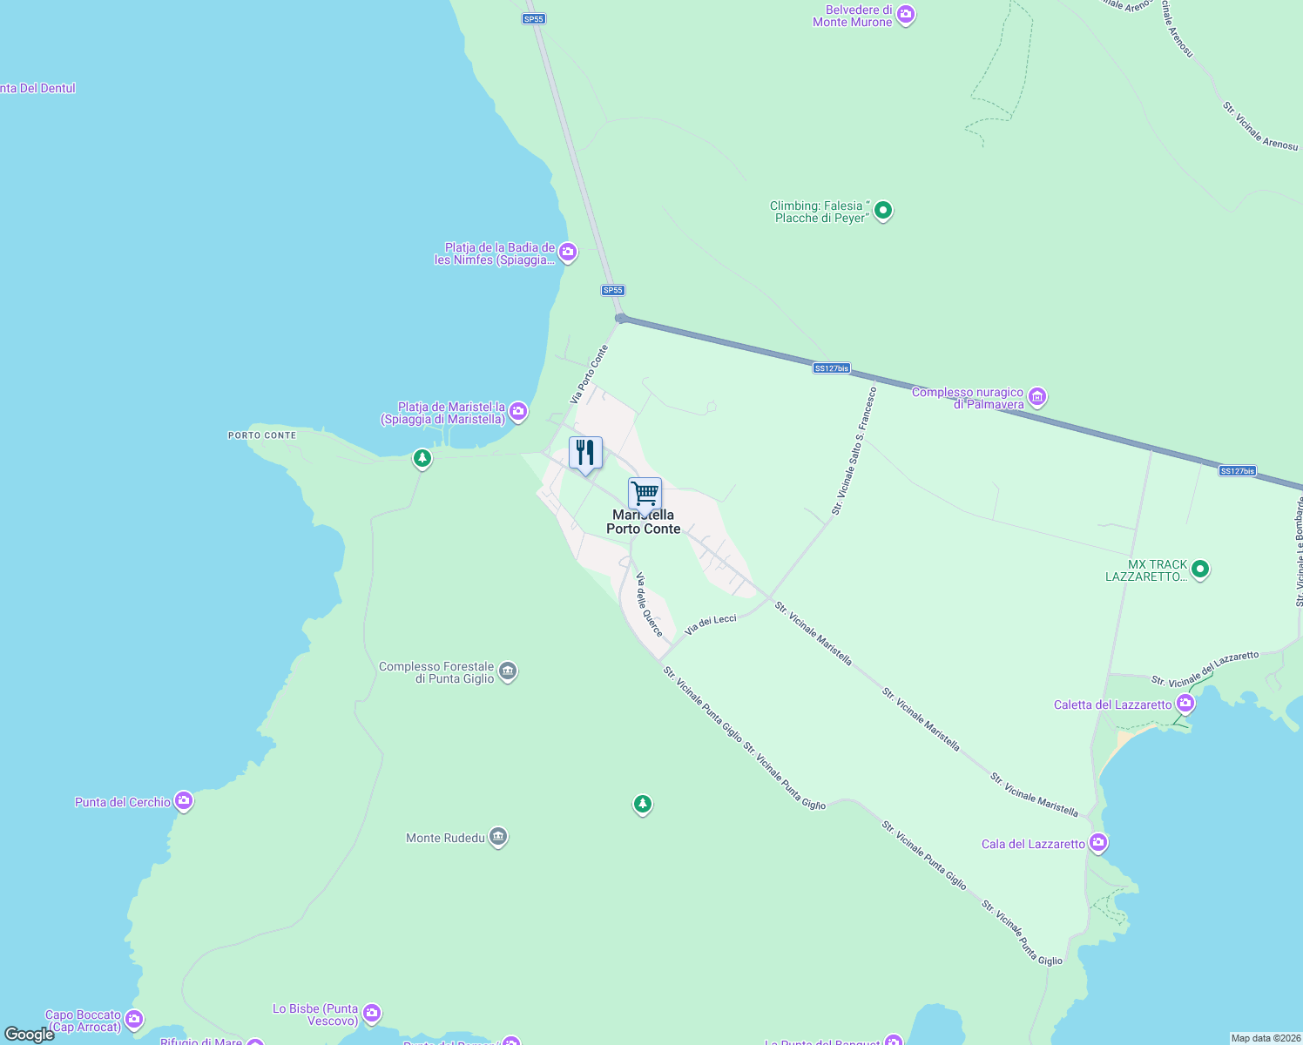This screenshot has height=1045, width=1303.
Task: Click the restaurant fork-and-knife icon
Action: click(585, 453)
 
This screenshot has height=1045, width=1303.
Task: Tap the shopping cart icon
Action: click(645, 494)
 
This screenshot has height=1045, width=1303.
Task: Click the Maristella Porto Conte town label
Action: click(644, 522)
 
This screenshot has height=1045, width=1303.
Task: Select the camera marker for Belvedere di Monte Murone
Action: click(906, 15)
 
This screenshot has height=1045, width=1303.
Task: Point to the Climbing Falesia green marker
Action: click(883, 211)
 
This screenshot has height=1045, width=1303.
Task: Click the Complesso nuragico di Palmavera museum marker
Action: click(1036, 397)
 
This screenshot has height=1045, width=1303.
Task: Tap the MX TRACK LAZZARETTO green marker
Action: click(1200, 570)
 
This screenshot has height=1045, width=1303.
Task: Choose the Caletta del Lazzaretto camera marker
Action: click(1185, 703)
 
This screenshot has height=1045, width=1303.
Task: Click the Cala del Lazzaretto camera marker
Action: click(1097, 842)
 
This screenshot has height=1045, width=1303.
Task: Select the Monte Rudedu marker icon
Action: click(498, 837)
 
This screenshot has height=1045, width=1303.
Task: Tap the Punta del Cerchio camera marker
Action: click(183, 801)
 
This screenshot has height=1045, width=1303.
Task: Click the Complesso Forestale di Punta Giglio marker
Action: click(508, 671)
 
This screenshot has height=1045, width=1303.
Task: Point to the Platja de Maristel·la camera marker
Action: click(518, 411)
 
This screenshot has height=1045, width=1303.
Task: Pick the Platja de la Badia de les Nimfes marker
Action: click(568, 253)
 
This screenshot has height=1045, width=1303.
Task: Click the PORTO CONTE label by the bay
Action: click(262, 435)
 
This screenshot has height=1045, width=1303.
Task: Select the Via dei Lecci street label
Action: click(711, 624)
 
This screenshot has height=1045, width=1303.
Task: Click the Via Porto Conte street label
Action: click(590, 374)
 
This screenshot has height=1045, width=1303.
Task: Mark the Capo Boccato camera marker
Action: click(134, 1018)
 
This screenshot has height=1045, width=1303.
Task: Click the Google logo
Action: click(30, 1035)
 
